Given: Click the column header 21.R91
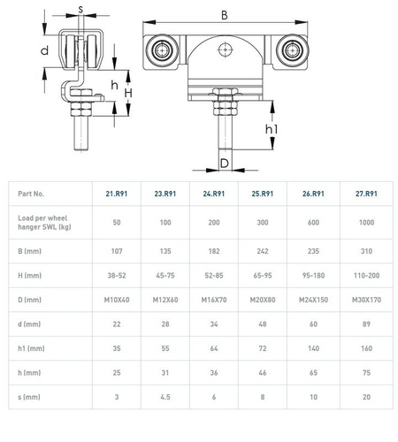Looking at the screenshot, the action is pyautogui.click(x=117, y=194).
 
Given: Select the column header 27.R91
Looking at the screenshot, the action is pyautogui.click(x=366, y=194).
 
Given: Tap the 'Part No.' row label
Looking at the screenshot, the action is pyautogui.click(x=31, y=194).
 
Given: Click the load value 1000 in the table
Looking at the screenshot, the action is pyautogui.click(x=366, y=223).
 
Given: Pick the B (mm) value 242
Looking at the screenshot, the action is pyautogui.click(x=263, y=251).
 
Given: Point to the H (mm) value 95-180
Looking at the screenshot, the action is pyautogui.click(x=313, y=276).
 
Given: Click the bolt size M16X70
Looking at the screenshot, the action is pyautogui.click(x=214, y=300).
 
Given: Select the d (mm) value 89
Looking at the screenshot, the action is pyautogui.click(x=366, y=324).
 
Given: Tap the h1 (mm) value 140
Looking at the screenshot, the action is pyautogui.click(x=313, y=348).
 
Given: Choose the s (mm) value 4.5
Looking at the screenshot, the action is pyautogui.click(x=165, y=397).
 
